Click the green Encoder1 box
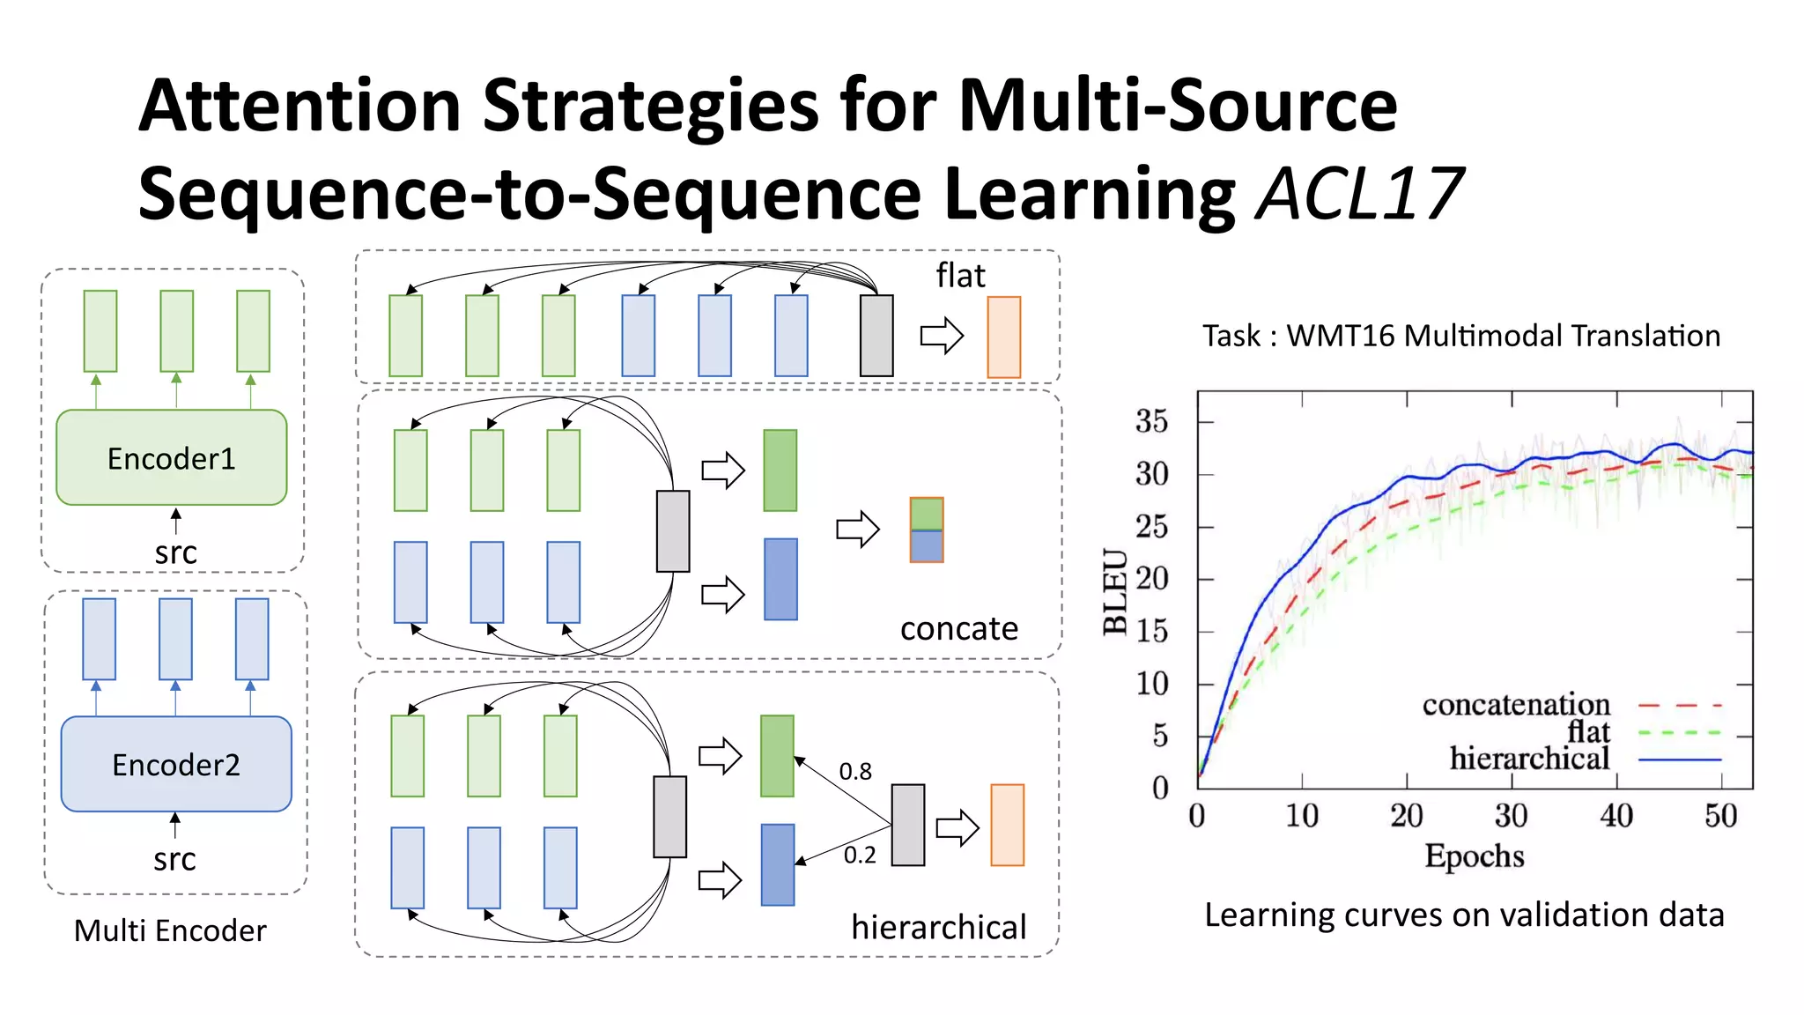(x=172, y=457)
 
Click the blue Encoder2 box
(x=175, y=764)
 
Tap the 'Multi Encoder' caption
(x=170, y=930)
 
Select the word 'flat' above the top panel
(x=959, y=276)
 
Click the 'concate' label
(x=958, y=628)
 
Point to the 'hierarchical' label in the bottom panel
(x=938, y=927)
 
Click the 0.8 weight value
(x=854, y=772)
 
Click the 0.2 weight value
(x=860, y=856)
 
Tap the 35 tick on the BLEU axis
(x=1151, y=421)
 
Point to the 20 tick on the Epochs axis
(x=1407, y=816)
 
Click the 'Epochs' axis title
(x=1474, y=856)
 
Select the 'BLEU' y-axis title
(x=1115, y=591)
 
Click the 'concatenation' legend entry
(x=1516, y=705)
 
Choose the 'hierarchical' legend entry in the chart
(x=1529, y=759)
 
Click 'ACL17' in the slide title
(x=1359, y=193)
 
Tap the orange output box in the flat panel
(x=1003, y=337)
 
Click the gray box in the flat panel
(x=876, y=336)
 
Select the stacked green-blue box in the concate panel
(x=926, y=530)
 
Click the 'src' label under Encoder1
(x=175, y=553)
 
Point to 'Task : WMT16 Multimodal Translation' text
(x=1461, y=336)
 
